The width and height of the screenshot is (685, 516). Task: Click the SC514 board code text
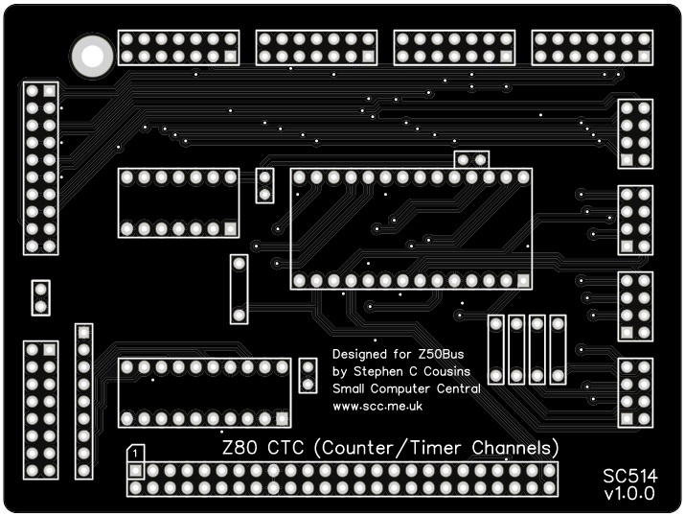pyautogui.click(x=628, y=476)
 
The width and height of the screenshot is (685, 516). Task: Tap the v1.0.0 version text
pyautogui.click(x=628, y=495)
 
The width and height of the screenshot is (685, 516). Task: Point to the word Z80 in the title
pyautogui.click(x=240, y=448)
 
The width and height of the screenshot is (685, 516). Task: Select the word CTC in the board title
pyautogui.click(x=287, y=448)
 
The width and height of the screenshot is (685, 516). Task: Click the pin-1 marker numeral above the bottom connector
pyautogui.click(x=137, y=452)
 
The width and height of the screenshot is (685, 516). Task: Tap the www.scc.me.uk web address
pyautogui.click(x=377, y=407)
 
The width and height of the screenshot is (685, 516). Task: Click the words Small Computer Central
pyautogui.click(x=406, y=389)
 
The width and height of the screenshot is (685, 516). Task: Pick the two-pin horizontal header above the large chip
pyautogui.click(x=471, y=159)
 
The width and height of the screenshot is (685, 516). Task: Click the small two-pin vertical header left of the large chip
pyautogui.click(x=265, y=185)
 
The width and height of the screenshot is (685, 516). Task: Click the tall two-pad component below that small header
pyautogui.click(x=239, y=288)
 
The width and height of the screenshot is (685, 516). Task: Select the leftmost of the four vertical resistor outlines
pyautogui.click(x=496, y=349)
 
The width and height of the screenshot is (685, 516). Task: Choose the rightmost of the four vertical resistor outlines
pyautogui.click(x=558, y=349)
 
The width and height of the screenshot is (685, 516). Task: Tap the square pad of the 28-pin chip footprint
pyautogui.click(x=523, y=280)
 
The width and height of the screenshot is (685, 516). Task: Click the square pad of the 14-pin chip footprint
pyautogui.click(x=230, y=228)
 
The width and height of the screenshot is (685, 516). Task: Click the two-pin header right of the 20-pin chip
pyautogui.click(x=308, y=375)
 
